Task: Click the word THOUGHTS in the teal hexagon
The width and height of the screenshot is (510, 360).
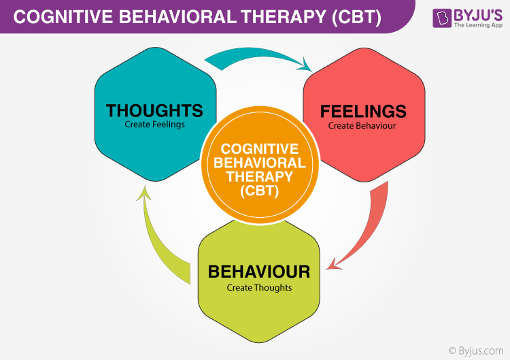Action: (x=154, y=110)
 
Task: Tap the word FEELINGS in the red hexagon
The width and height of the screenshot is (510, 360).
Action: (x=363, y=111)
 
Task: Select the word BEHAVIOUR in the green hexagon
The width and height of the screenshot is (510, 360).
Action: (x=259, y=272)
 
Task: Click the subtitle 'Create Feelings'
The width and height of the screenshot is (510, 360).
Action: (x=154, y=125)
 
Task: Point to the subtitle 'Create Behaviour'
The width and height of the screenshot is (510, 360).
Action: (x=362, y=125)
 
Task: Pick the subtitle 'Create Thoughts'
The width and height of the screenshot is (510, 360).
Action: (x=259, y=287)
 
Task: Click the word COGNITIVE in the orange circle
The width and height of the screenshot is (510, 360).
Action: (x=260, y=149)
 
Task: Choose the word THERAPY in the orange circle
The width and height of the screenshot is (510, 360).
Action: (x=260, y=176)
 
